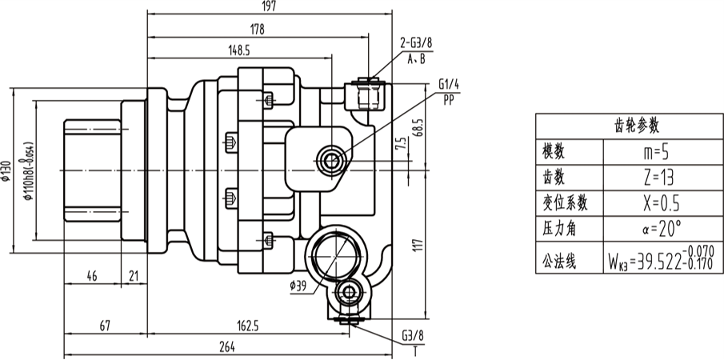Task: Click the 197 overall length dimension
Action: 269,7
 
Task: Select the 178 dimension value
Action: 257,29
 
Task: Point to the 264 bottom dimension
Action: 227,346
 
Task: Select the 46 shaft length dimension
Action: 91,276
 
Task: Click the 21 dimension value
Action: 133,276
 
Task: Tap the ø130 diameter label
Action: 7,170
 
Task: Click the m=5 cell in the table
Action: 654,151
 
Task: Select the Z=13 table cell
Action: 654,177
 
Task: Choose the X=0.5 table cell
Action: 654,202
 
